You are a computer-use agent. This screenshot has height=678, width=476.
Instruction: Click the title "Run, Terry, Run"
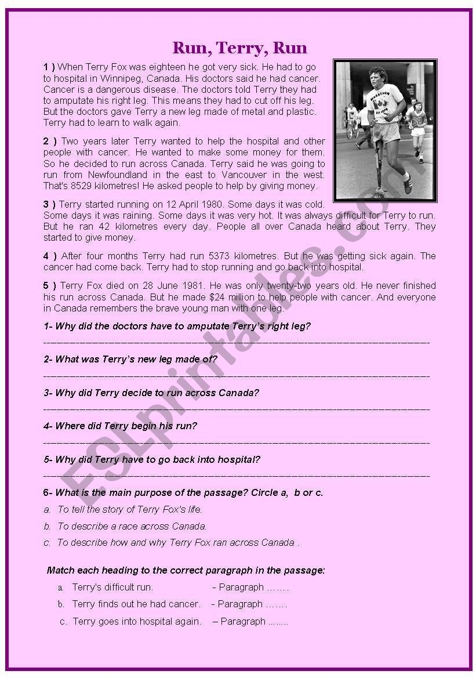point(239,48)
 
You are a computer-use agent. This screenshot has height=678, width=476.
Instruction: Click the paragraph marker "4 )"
point(50,256)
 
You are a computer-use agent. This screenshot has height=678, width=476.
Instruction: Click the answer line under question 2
point(237,376)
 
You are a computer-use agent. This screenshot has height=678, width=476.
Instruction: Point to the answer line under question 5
point(237,476)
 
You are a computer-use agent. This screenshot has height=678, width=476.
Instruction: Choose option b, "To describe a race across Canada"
point(132,526)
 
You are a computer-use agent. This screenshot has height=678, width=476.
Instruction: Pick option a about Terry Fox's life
point(129,509)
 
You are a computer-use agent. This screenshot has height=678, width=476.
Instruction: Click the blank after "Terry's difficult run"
point(278,588)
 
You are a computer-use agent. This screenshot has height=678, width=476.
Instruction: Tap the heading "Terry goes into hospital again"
point(137,621)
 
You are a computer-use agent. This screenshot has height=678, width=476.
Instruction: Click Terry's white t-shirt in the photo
point(384,102)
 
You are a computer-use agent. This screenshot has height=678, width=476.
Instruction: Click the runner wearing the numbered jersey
point(417,125)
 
